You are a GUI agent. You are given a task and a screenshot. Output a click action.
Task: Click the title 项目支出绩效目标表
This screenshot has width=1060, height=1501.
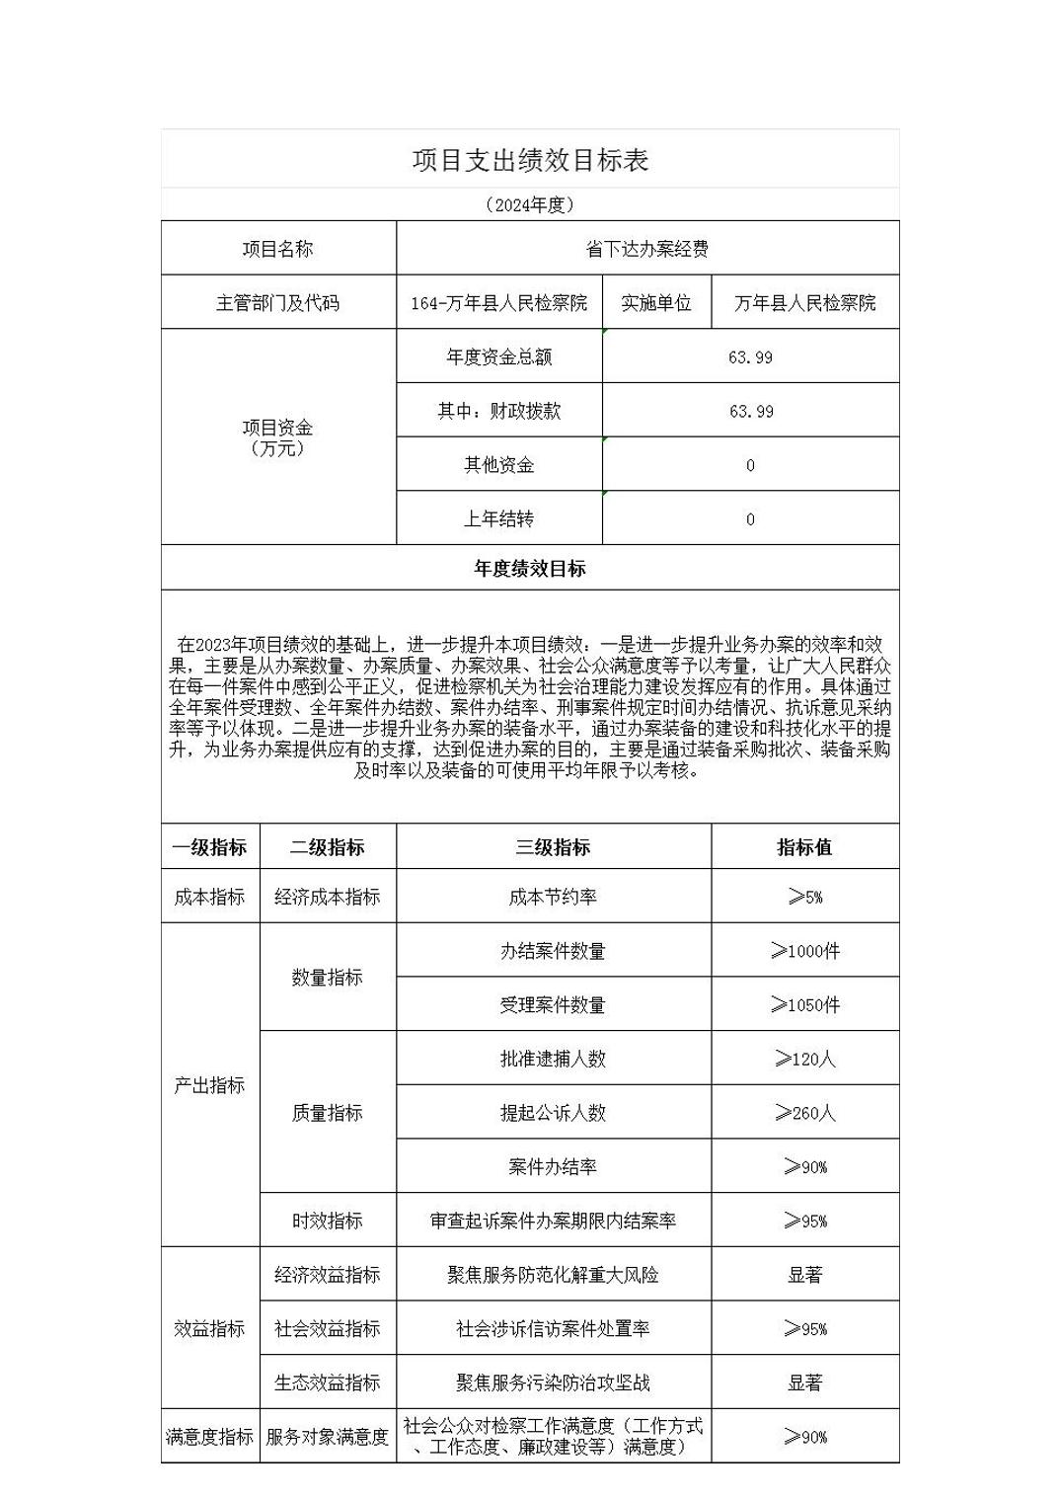pos(530,160)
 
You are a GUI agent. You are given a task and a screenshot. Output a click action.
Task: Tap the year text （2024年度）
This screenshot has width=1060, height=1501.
pos(530,205)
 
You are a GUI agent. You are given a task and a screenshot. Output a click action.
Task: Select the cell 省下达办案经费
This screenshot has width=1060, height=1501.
pos(647,249)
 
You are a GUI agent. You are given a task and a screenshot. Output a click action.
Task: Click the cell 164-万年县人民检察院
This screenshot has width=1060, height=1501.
pos(499,303)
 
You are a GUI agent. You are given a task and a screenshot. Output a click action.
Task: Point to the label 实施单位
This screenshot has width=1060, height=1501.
pos(656,303)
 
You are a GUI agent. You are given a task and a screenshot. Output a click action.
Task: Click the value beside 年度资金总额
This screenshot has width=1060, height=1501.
pos(750,357)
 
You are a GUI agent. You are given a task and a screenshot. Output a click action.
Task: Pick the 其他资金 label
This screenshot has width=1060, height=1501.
pos(499,465)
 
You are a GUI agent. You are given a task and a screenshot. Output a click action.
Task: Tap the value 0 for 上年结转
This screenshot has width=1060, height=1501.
pos(750,519)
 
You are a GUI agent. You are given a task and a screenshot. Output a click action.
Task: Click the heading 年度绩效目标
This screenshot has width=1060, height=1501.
pos(530,569)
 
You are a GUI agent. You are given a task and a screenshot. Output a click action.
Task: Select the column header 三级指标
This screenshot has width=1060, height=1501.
pos(553,847)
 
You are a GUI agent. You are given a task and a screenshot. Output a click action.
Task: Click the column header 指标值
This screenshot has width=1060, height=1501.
pos(804,847)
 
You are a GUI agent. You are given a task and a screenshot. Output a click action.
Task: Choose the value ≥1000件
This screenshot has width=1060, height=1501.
pos(804,951)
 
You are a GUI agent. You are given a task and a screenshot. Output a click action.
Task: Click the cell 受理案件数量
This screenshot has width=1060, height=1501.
pos(553,1005)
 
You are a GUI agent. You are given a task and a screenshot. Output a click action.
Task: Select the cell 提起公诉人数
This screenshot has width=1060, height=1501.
pos(553,1113)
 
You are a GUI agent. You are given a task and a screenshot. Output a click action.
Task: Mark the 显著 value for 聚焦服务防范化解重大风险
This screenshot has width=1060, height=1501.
pos(804,1275)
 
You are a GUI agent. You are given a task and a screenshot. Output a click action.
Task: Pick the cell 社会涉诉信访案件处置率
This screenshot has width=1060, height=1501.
pos(553,1329)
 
